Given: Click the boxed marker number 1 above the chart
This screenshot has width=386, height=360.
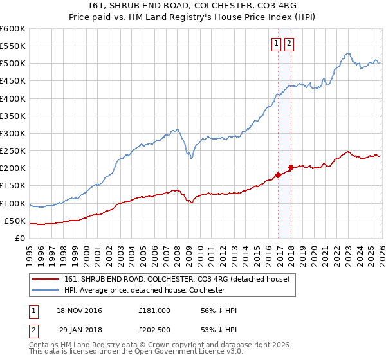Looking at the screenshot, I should click(x=276, y=44).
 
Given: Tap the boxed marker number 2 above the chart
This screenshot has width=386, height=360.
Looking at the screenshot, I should click(x=288, y=44).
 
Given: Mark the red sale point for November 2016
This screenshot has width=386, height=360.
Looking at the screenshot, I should click(x=278, y=174).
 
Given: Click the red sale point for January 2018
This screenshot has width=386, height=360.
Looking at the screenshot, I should click(x=291, y=167).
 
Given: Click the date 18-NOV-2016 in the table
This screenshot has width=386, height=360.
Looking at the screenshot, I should click(x=79, y=310).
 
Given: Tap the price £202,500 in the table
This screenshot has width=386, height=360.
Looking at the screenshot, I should click(x=154, y=331).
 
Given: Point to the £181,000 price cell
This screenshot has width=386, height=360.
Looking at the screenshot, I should click(x=154, y=310).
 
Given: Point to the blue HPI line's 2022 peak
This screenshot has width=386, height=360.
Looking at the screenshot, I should click(x=347, y=54).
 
